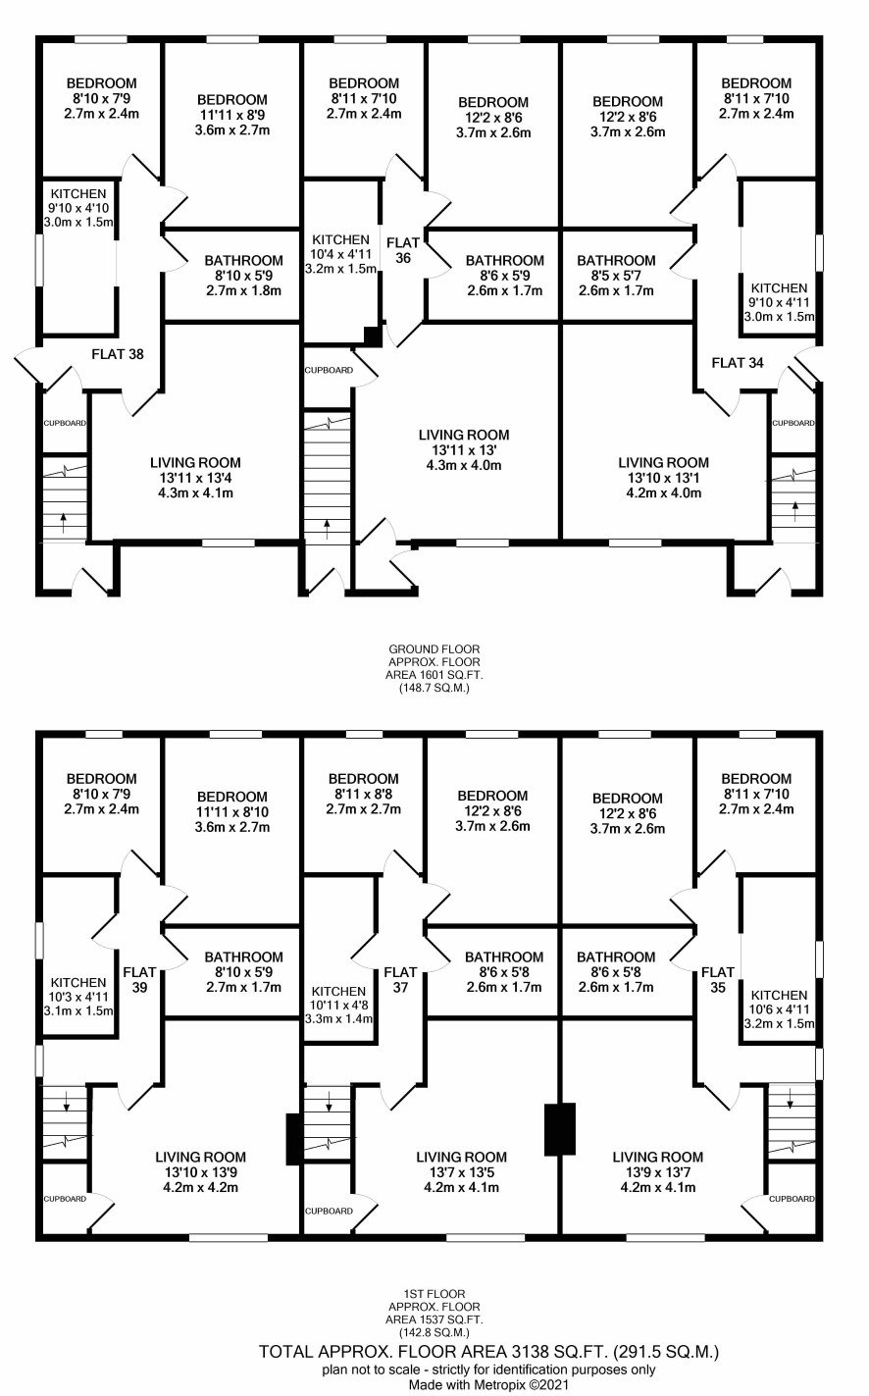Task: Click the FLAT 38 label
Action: pos(118,354)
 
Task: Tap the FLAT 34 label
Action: pos(738,363)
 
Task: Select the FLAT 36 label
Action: pos(403,250)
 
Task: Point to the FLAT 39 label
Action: pos(139,980)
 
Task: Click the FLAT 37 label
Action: pos(400,980)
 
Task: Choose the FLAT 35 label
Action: pos(718,980)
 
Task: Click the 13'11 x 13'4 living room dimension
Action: pos(195,478)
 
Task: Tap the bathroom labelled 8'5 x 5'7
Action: pos(616,276)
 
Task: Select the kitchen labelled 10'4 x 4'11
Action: pos(340,254)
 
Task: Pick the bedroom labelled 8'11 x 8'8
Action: pos(364,794)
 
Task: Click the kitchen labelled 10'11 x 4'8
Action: pos(339,1005)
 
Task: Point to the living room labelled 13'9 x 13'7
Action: pos(658,1172)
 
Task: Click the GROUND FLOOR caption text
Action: pos(434,649)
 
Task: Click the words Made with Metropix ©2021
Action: pos(488,1386)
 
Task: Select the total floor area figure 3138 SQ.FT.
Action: pos(559,1352)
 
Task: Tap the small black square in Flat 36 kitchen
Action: pos(373,336)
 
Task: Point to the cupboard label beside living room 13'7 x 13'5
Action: pos(329,1211)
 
